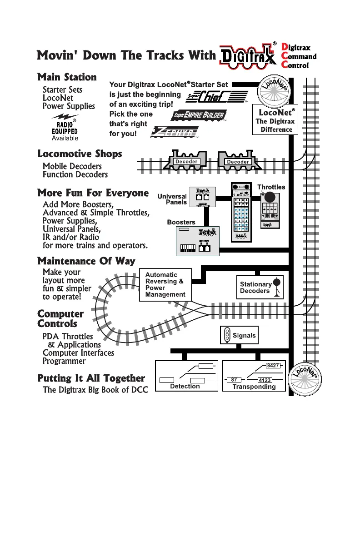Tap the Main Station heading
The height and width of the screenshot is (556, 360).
pyautogui.click(x=67, y=77)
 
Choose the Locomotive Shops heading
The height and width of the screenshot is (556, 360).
pyautogui.click(x=80, y=154)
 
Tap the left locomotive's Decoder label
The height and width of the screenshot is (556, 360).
pyautogui.click(x=186, y=162)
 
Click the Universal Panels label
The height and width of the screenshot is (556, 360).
pyautogui.click(x=172, y=199)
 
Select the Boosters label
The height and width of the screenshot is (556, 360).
pyautogui.click(x=181, y=222)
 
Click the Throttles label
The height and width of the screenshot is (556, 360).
pyautogui.click(x=271, y=187)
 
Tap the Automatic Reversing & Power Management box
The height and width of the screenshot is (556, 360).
pyautogui.click(x=165, y=284)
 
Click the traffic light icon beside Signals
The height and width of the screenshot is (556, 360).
pyautogui.click(x=227, y=336)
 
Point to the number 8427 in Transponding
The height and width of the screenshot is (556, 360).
pyautogui.click(x=272, y=366)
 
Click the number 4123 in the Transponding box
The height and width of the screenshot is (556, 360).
pyautogui.click(x=265, y=380)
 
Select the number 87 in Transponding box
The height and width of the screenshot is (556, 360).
pyautogui.click(x=234, y=379)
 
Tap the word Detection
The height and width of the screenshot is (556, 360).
pyautogui.click(x=185, y=386)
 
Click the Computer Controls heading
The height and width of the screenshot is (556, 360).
pyautogui.click(x=60, y=319)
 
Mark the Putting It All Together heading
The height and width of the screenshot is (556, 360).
pyautogui.click(x=91, y=378)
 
